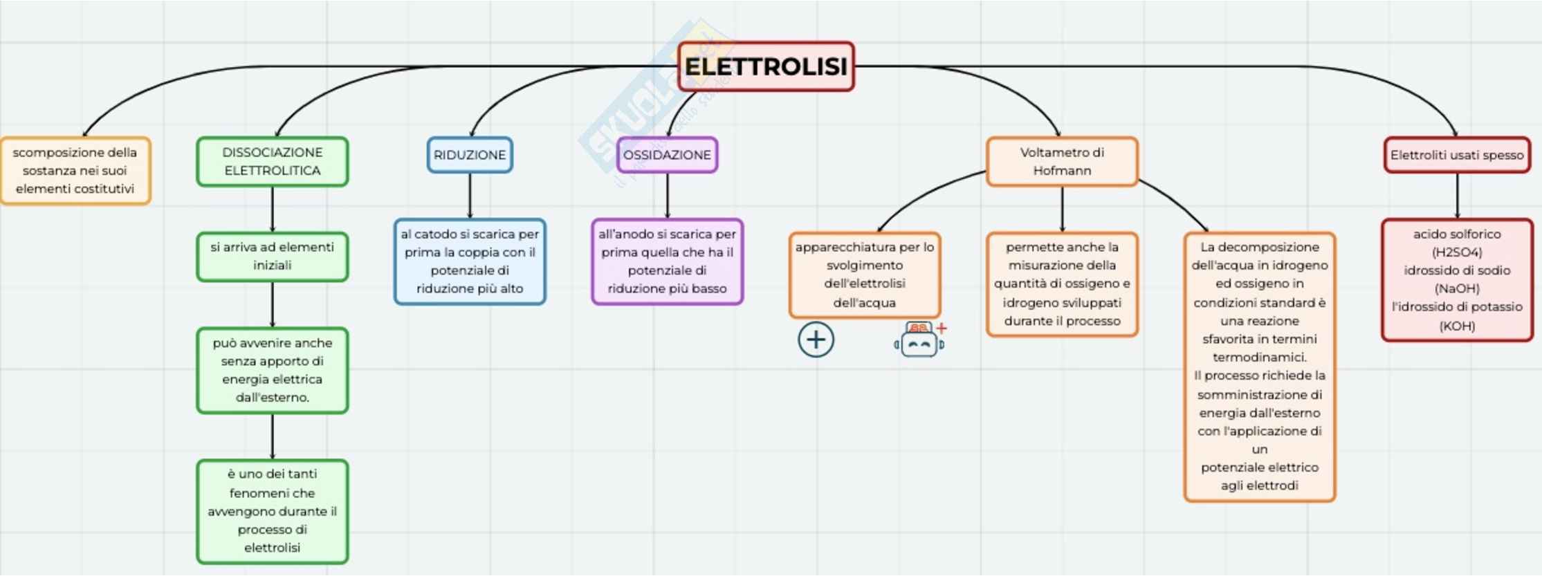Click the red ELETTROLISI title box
(x=766, y=66)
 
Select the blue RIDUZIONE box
(x=470, y=155)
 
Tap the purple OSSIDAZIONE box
(x=667, y=155)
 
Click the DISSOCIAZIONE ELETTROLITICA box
(x=272, y=161)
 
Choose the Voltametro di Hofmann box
(x=1062, y=161)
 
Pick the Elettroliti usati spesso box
(x=1457, y=155)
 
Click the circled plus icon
(x=816, y=340)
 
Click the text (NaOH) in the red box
(x=1457, y=288)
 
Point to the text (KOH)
(x=1457, y=326)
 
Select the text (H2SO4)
(x=1457, y=252)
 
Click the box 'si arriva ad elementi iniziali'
(x=272, y=257)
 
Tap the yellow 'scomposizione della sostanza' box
(x=75, y=171)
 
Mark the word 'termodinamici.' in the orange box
(x=1259, y=357)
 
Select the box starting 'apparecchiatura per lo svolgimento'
(x=864, y=275)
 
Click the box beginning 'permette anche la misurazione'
(x=1062, y=284)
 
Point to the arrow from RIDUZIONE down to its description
(x=470, y=196)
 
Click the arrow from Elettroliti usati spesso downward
(x=1457, y=196)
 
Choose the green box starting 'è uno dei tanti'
(x=272, y=511)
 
